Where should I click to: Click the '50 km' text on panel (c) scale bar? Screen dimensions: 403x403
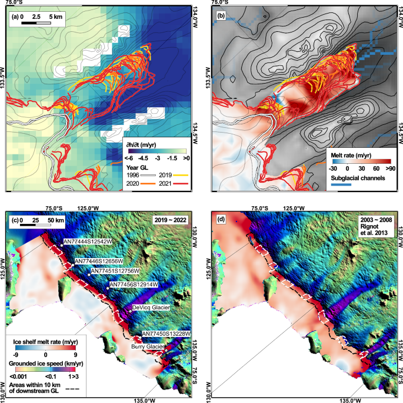58,219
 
